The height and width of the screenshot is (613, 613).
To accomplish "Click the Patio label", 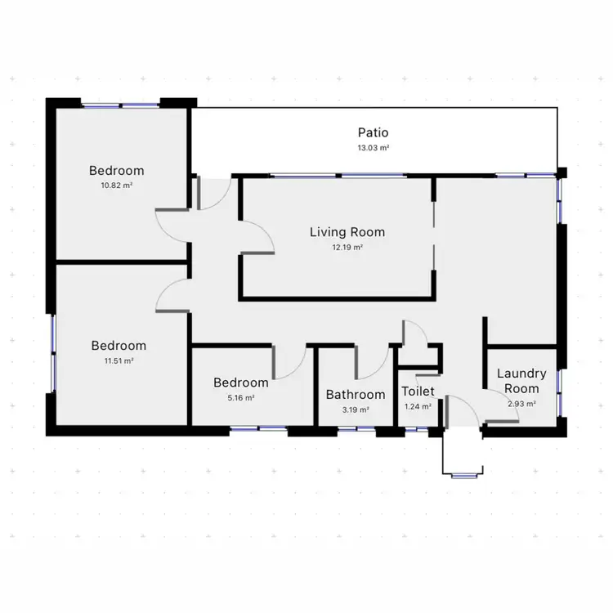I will point(373,132).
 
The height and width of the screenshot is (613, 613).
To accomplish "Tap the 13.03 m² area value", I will point(373,148).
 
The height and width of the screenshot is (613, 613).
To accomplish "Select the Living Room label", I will point(347,232).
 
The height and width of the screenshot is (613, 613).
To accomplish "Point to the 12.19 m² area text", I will point(347,247).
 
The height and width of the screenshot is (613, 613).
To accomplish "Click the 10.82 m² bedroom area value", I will point(116,186).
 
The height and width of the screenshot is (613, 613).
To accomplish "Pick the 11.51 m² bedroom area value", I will point(119,360).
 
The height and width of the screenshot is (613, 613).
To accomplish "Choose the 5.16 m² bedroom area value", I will point(240,397).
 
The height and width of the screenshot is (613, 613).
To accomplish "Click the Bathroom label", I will point(356,395).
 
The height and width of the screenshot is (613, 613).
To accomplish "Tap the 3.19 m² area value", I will point(356,409).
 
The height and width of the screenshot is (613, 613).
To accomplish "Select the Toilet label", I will point(418,392).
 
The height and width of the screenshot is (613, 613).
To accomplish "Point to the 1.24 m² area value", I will point(418,406).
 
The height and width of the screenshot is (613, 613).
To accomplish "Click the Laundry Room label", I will point(521,381).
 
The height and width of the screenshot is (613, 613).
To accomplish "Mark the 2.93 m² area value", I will point(521,403).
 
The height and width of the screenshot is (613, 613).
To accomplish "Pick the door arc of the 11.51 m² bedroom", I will point(171,295).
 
